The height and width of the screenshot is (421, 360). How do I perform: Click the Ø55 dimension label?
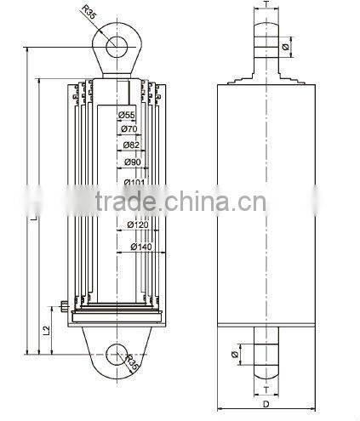(x=127, y=115)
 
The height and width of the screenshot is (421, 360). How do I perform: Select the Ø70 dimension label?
(x=129, y=129)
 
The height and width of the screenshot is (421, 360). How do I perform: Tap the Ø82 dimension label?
(x=130, y=145)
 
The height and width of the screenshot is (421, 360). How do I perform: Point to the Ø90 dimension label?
(x=132, y=162)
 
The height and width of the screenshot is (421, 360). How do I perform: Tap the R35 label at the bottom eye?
(x=133, y=365)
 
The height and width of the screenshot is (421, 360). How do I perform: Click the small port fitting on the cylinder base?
(x=66, y=307)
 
